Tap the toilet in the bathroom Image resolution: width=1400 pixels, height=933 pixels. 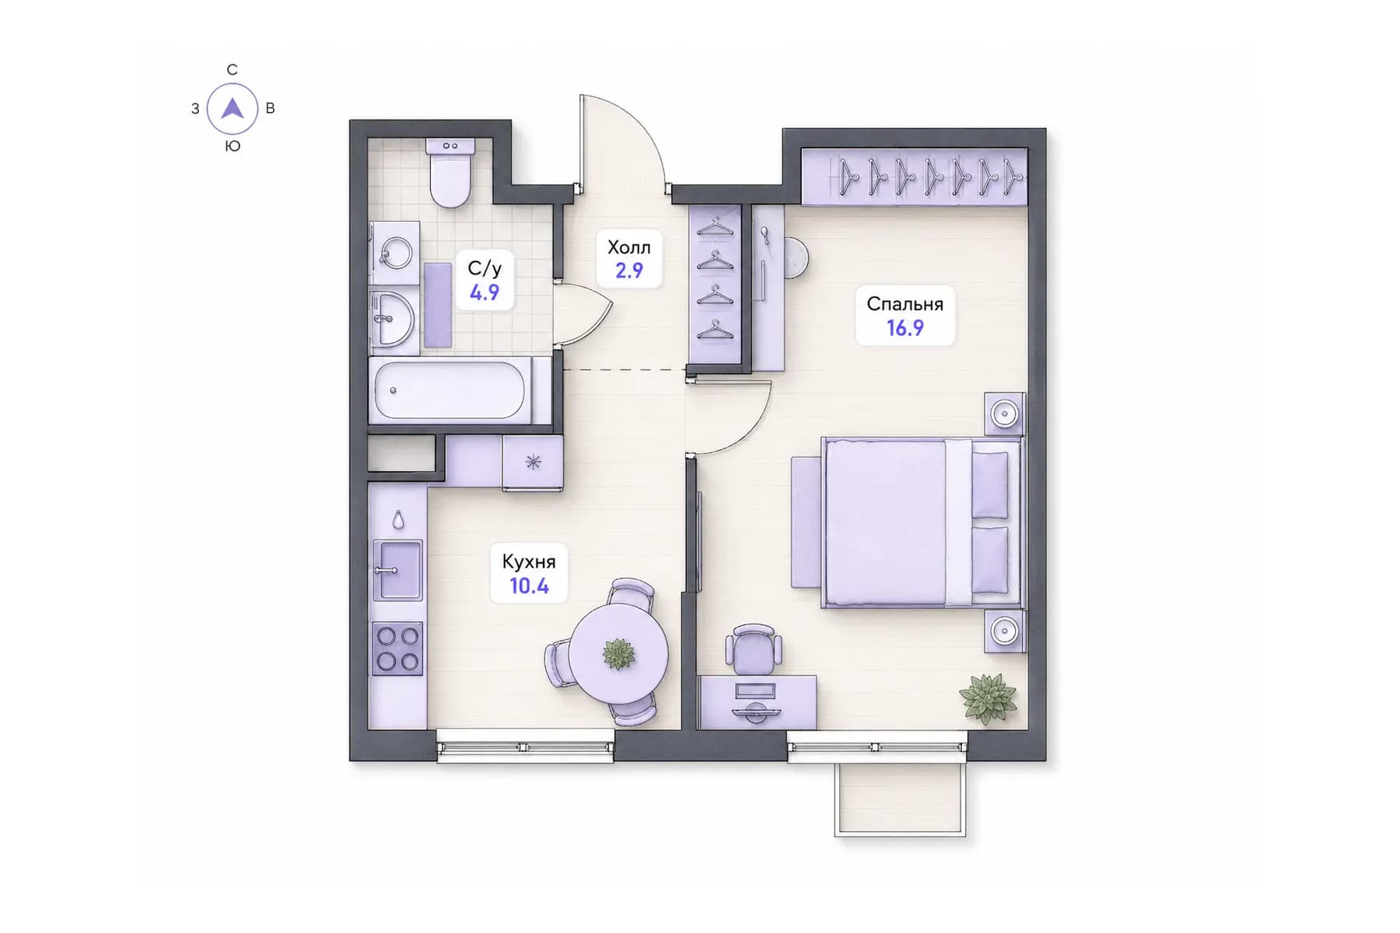(x=450, y=173)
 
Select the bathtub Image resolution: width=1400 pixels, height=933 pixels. (x=450, y=390)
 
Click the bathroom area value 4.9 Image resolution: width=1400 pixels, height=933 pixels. (x=484, y=293)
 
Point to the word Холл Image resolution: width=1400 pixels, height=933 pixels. (x=628, y=247)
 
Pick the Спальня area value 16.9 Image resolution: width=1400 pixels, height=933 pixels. (x=905, y=328)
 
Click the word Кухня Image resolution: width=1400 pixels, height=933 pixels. (x=529, y=561)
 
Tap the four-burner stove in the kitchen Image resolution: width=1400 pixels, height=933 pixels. (x=397, y=648)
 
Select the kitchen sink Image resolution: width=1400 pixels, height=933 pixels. (x=397, y=570)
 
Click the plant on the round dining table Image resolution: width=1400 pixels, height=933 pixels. (x=618, y=653)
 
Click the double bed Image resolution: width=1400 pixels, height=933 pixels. (x=922, y=522)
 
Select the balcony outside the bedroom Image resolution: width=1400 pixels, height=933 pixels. (x=901, y=798)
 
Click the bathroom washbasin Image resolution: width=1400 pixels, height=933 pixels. (x=392, y=319)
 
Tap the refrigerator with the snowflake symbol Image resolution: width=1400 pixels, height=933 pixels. (x=533, y=463)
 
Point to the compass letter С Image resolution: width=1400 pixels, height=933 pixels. (x=232, y=70)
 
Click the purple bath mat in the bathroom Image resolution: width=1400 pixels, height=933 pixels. (x=438, y=305)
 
